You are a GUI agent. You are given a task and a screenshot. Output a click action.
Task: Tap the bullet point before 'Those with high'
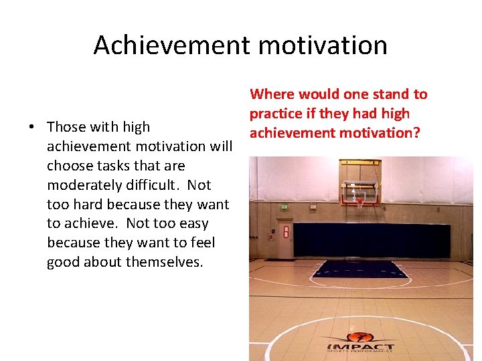32,127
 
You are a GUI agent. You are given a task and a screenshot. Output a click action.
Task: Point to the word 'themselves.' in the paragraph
167,262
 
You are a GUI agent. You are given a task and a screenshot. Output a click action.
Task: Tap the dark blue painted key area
361,269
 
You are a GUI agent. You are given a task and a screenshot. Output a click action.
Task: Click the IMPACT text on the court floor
360,346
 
